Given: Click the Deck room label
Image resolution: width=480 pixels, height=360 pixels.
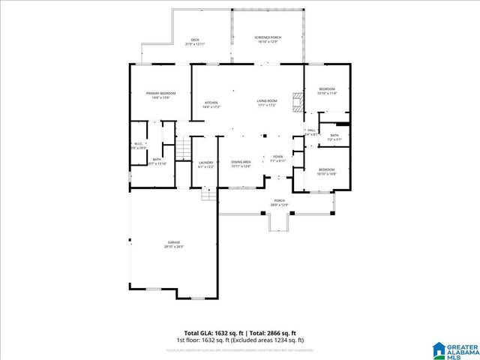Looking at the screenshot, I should [x=195, y=40].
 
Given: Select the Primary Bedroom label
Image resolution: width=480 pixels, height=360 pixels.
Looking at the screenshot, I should [x=160, y=93].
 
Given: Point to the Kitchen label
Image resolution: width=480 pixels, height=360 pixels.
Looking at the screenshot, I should [x=211, y=103].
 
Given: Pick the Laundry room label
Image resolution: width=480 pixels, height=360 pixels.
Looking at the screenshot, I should [x=206, y=162].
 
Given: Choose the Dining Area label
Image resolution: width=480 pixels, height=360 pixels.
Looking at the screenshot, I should [x=241, y=161].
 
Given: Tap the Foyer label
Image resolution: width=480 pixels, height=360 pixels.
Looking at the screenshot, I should [x=277, y=157].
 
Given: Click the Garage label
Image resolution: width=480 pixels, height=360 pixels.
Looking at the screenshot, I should [x=173, y=241].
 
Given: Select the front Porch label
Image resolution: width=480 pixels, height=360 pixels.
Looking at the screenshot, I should [x=279, y=200].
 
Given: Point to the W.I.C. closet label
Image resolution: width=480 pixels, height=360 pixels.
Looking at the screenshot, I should [x=138, y=143].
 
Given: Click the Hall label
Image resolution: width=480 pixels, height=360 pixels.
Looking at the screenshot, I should [x=311, y=130].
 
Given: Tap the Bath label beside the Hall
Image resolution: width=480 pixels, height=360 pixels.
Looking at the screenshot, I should [x=334, y=135].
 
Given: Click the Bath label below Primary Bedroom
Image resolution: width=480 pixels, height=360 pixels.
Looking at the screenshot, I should [x=157, y=159].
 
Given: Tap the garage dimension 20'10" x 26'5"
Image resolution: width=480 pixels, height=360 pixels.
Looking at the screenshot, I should [x=173, y=246].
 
